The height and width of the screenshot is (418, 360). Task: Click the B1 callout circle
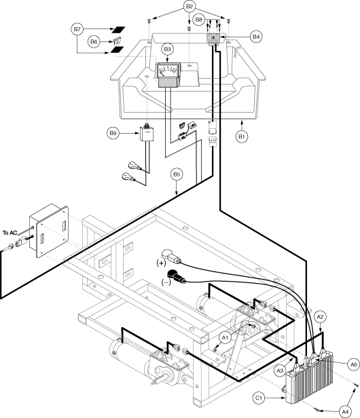click(x=242, y=136)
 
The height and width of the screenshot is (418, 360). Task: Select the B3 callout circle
click(x=167, y=50)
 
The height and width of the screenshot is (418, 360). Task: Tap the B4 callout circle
click(x=256, y=37)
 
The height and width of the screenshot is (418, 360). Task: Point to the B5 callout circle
click(x=177, y=174)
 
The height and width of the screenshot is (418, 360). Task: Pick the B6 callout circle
click(x=94, y=41)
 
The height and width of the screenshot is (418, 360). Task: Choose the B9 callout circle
click(x=113, y=133)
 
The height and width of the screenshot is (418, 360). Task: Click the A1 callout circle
click(x=226, y=338)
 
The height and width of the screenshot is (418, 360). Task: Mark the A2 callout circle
click(x=320, y=317)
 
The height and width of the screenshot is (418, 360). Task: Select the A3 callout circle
click(x=280, y=370)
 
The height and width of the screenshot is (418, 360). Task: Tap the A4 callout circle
click(x=345, y=411)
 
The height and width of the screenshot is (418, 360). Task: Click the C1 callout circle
click(x=259, y=398)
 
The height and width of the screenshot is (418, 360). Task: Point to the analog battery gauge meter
click(x=168, y=75)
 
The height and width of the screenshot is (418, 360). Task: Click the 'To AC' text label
click(x=10, y=233)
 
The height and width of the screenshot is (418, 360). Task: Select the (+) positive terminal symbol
click(x=161, y=263)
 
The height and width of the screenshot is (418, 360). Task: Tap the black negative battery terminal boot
click(x=175, y=276)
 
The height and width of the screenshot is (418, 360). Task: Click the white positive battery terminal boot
click(x=171, y=255)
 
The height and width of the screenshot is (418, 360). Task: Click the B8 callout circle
click(x=199, y=20)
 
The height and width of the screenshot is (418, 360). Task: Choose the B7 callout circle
click(x=77, y=29)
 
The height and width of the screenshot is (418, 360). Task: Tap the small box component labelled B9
click(x=147, y=134)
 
